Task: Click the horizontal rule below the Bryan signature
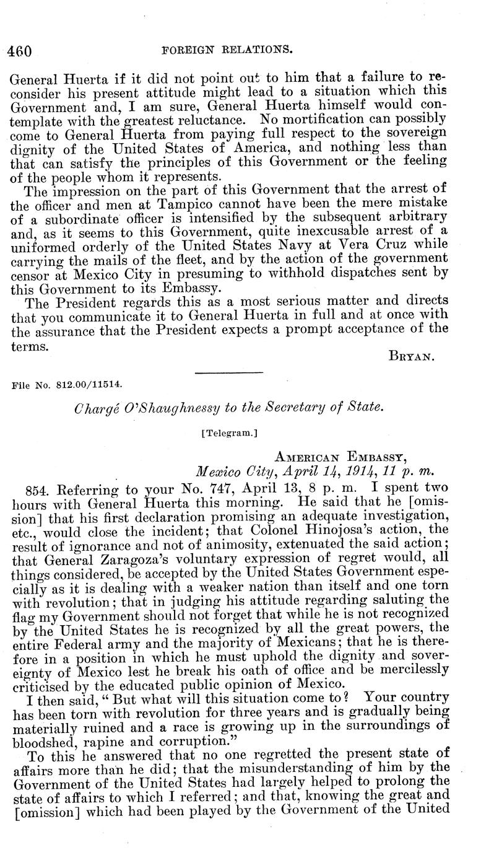(229, 373)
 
